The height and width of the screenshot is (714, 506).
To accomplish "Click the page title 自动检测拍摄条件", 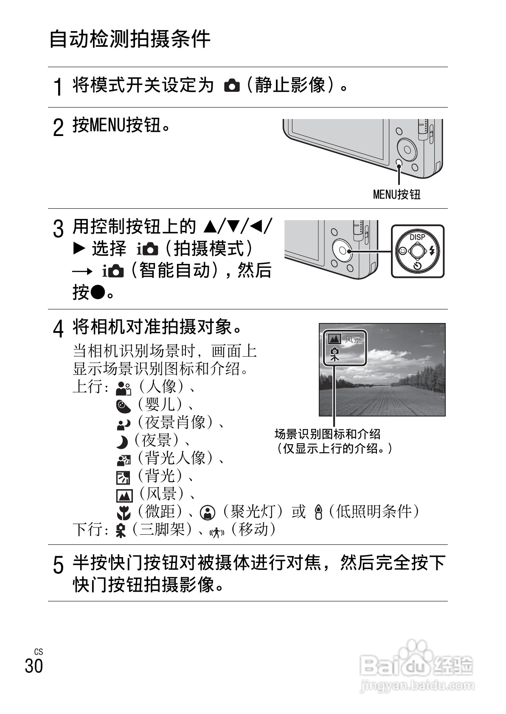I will pyautogui.click(x=130, y=39).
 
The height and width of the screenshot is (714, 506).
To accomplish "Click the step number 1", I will pyautogui.click(x=59, y=88).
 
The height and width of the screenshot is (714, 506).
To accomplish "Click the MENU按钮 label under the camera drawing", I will pyautogui.click(x=396, y=195).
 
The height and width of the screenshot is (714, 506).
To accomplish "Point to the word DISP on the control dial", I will pyautogui.click(x=417, y=237).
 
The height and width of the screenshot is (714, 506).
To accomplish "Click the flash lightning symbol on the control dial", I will pyautogui.click(x=433, y=251).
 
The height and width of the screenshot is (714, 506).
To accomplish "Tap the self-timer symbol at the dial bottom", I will pyautogui.click(x=417, y=266).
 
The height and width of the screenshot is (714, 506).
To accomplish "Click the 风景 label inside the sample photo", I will pyautogui.click(x=353, y=339).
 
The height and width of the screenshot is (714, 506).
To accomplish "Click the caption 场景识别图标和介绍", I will pyautogui.click(x=327, y=434).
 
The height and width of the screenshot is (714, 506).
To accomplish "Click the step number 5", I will pyautogui.click(x=59, y=566).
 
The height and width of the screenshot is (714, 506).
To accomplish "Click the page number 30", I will pyautogui.click(x=34, y=666).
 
